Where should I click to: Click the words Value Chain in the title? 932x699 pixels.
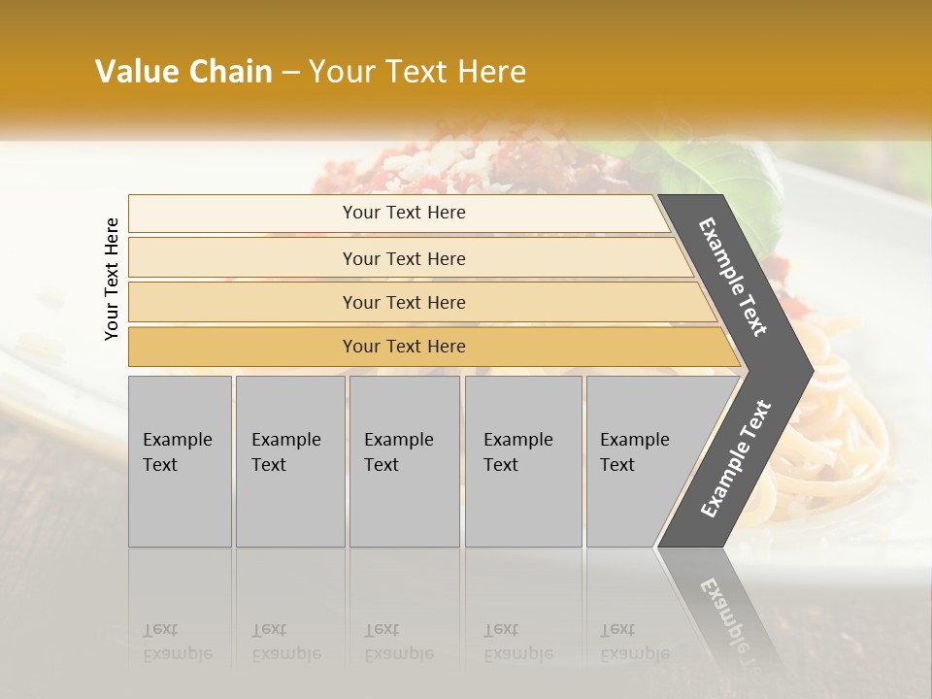[x=183, y=72]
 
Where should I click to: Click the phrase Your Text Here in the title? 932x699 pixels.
[x=417, y=72]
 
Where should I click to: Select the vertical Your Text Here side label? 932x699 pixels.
[x=112, y=279]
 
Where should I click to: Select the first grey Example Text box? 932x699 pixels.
[x=180, y=461]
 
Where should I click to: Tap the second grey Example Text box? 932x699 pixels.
[x=289, y=461]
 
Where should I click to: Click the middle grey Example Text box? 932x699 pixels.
[x=404, y=461]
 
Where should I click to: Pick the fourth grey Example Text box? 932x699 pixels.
[x=522, y=461]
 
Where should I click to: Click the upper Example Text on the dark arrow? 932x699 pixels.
[x=733, y=276]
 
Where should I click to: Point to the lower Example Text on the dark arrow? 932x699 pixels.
[x=736, y=459]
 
